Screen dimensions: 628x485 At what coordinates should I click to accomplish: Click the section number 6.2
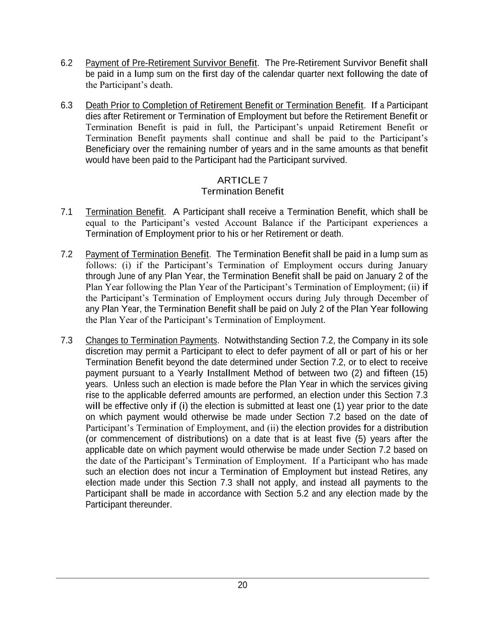pos(67,63)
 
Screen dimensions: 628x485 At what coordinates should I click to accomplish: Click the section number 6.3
pos(67,106)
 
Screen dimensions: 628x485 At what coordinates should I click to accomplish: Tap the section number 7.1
pos(67,212)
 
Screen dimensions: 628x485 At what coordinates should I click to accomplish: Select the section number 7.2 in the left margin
pos(67,254)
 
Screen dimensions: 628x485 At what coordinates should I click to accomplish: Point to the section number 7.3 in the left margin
pos(67,340)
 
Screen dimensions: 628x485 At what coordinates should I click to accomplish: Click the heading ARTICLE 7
pos(242,180)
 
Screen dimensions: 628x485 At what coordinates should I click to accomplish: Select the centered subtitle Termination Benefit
pos(242,191)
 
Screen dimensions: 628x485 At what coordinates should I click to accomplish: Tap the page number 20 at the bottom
pos(242,585)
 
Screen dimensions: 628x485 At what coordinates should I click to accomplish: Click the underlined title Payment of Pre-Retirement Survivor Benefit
pos(171,63)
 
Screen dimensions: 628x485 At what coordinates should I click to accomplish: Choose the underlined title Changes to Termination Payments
pos(151,340)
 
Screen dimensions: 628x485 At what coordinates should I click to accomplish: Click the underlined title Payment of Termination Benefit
pos(147,254)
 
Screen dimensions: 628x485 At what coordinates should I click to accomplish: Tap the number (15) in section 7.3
pos(420,373)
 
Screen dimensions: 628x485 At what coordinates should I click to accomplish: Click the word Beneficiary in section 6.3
pos(108,149)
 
